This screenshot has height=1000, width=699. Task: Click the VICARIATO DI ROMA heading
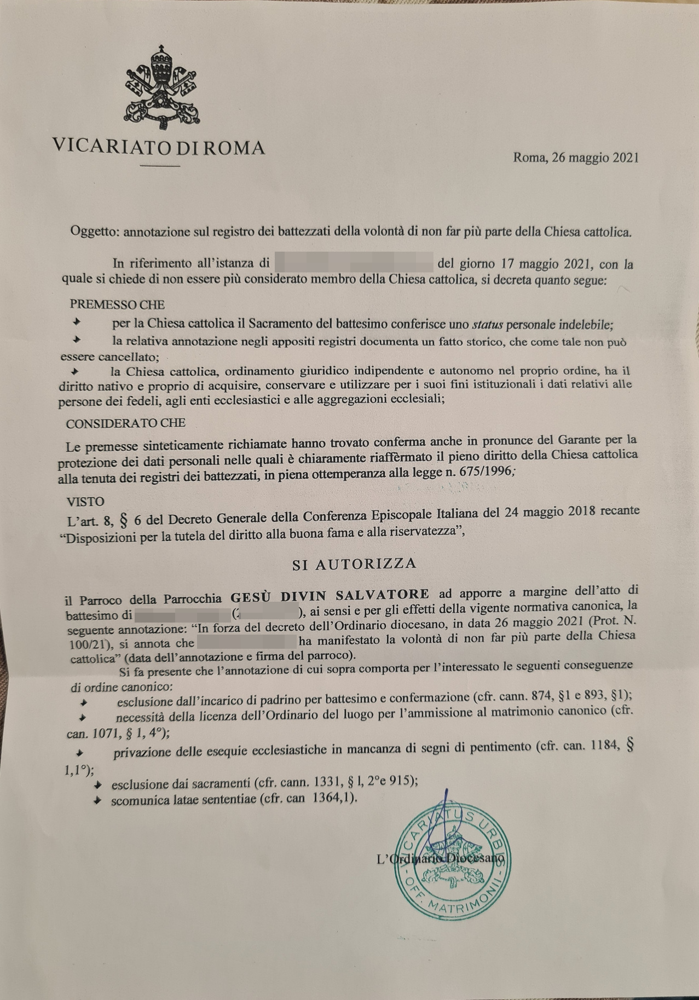point(159,147)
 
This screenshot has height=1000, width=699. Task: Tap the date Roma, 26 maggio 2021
point(575,158)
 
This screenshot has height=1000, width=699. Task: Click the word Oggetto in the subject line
point(94,231)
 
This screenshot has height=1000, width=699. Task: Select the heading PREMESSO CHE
point(117,304)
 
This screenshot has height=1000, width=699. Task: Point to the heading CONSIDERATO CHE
point(125,423)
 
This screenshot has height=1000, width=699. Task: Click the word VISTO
point(85,501)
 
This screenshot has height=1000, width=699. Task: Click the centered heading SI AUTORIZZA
point(354,564)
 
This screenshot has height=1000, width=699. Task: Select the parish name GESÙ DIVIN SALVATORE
point(330,595)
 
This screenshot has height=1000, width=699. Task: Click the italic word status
point(487,324)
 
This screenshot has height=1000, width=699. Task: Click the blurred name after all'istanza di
point(354,262)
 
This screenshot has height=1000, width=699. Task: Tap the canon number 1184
point(604,746)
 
